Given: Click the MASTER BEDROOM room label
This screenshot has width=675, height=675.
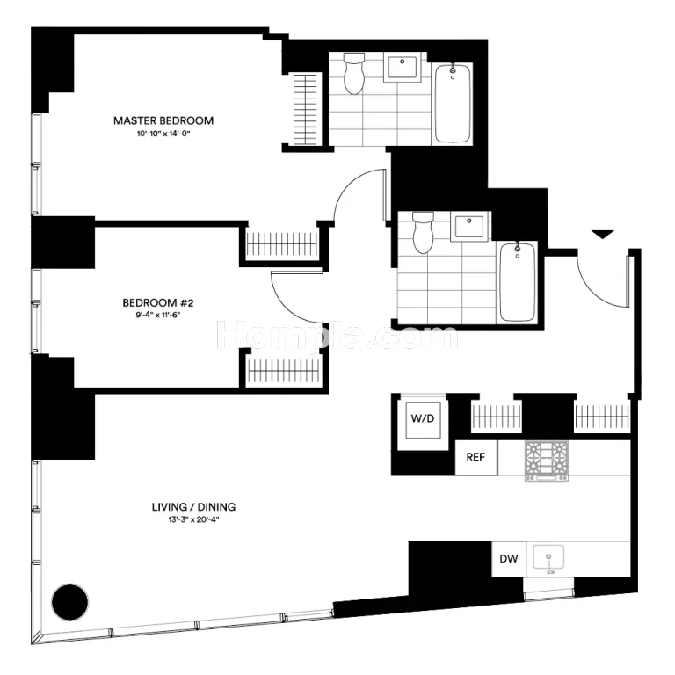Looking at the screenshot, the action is pyautogui.click(x=163, y=120).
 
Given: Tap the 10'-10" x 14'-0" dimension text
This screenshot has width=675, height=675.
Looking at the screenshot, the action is pyautogui.click(x=163, y=134).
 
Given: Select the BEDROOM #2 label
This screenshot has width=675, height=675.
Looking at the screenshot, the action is pyautogui.click(x=158, y=302).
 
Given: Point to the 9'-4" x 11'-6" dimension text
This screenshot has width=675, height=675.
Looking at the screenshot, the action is pyautogui.click(x=158, y=315).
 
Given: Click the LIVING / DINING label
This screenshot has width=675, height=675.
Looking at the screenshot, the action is pyautogui.click(x=193, y=506).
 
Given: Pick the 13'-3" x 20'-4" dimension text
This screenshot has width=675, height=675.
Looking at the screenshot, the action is pyautogui.click(x=193, y=519).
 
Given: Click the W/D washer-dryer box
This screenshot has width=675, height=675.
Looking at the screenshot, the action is pyautogui.click(x=423, y=419).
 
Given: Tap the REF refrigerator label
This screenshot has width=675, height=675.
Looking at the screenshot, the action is pyautogui.click(x=475, y=457).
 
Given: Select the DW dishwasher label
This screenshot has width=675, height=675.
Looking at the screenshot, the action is pyautogui.click(x=508, y=559).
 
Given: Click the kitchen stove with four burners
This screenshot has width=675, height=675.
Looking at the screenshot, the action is pyautogui.click(x=547, y=461).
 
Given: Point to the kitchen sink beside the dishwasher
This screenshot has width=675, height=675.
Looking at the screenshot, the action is pyautogui.click(x=548, y=560).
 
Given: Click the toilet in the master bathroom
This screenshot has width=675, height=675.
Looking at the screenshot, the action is pyautogui.click(x=354, y=74).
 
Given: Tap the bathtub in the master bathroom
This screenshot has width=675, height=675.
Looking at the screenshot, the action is pyautogui.click(x=453, y=104).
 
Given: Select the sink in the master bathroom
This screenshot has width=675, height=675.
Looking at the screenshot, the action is pyautogui.click(x=402, y=68).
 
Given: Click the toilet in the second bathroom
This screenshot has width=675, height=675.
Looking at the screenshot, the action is pyautogui.click(x=423, y=232).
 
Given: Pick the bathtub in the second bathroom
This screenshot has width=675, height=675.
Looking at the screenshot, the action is pyautogui.click(x=518, y=282).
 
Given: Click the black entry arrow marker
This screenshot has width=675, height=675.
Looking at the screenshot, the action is pyautogui.click(x=602, y=235).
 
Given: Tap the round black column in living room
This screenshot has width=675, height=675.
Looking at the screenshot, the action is pyautogui.click(x=69, y=602).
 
